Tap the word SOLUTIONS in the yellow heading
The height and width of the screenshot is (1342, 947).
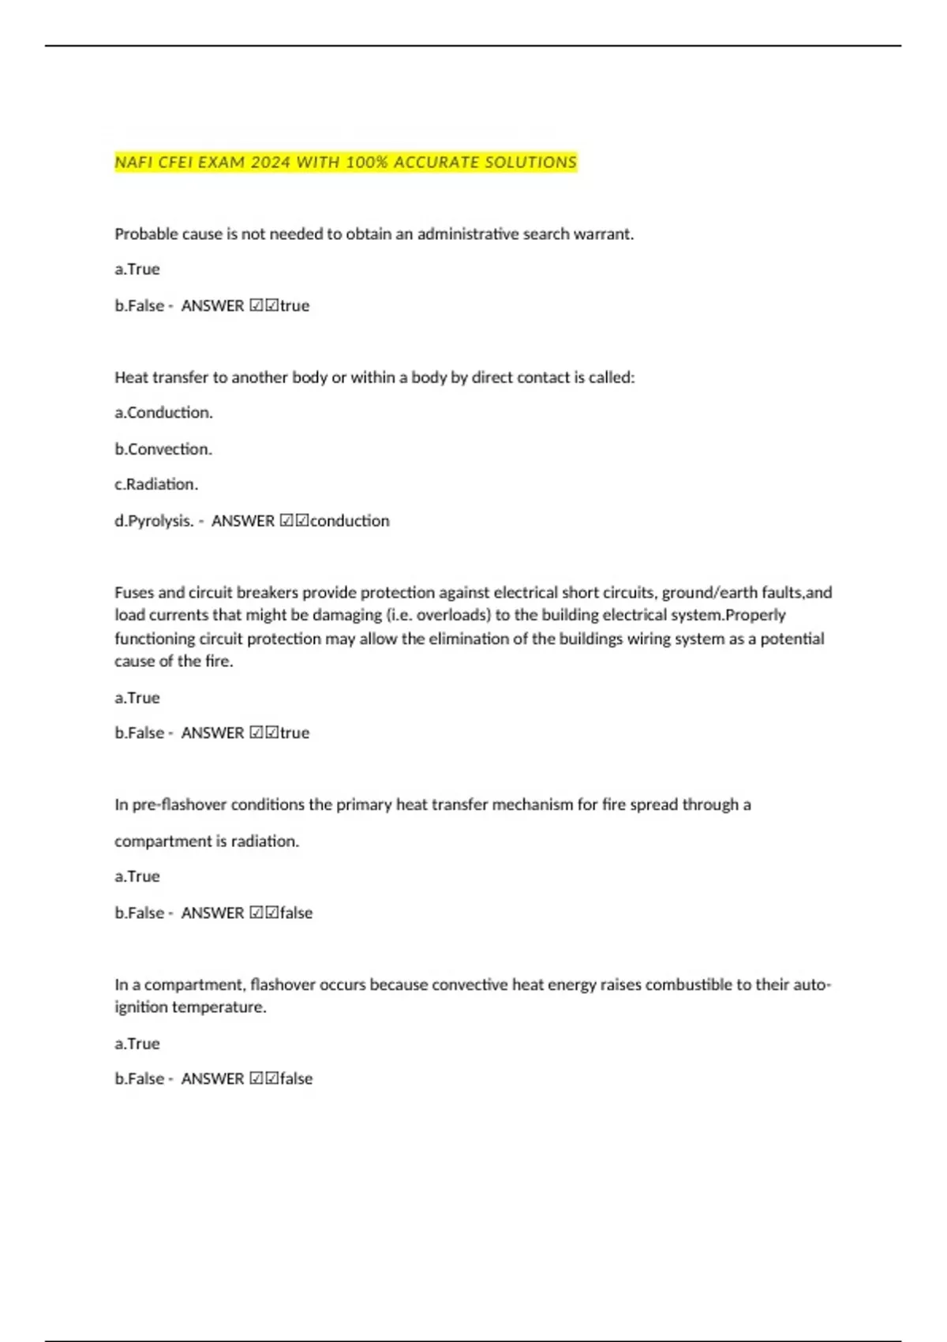(530, 163)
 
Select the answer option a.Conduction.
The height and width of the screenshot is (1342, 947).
(163, 413)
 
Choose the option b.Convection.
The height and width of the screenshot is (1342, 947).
(163, 449)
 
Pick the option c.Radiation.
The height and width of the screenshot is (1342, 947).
(156, 485)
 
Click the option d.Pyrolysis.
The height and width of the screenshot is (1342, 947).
(155, 521)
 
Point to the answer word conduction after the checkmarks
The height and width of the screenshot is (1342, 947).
(350, 521)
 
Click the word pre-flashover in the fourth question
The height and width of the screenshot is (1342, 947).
(179, 805)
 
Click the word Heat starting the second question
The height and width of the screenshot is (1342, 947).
(131, 378)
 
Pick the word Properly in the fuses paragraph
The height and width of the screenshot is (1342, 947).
(755, 616)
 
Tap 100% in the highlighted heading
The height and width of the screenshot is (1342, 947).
(366, 163)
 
